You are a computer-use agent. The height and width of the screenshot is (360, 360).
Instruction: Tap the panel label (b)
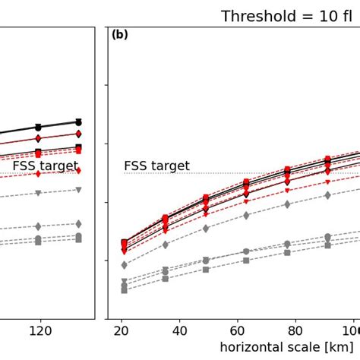click(120, 35)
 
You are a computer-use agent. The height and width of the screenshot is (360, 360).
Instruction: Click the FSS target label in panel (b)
click(156, 166)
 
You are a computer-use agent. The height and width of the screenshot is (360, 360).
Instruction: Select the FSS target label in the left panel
click(45, 166)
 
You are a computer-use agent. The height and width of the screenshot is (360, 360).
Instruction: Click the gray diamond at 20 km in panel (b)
click(125, 265)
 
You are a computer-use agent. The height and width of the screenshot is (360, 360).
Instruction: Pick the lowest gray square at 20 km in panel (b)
click(125, 290)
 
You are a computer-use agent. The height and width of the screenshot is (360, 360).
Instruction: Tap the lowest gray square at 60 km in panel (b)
click(246, 261)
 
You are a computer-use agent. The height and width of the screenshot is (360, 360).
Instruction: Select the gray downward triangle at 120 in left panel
click(38, 193)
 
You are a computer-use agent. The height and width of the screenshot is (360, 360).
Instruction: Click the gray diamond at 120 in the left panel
click(38, 226)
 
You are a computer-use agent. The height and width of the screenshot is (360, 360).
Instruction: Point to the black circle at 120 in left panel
click(38, 127)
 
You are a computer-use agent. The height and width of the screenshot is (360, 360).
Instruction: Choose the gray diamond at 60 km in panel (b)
click(246, 216)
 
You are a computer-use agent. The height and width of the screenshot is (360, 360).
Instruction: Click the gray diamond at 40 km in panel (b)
click(166, 245)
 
